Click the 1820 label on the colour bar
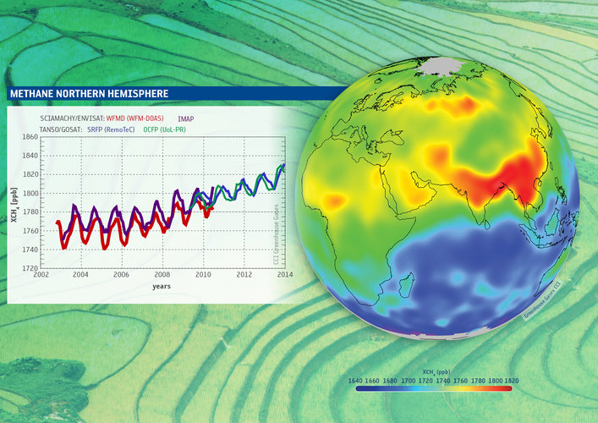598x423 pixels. (x=512, y=381)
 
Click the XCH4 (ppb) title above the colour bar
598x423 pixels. (x=435, y=371)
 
